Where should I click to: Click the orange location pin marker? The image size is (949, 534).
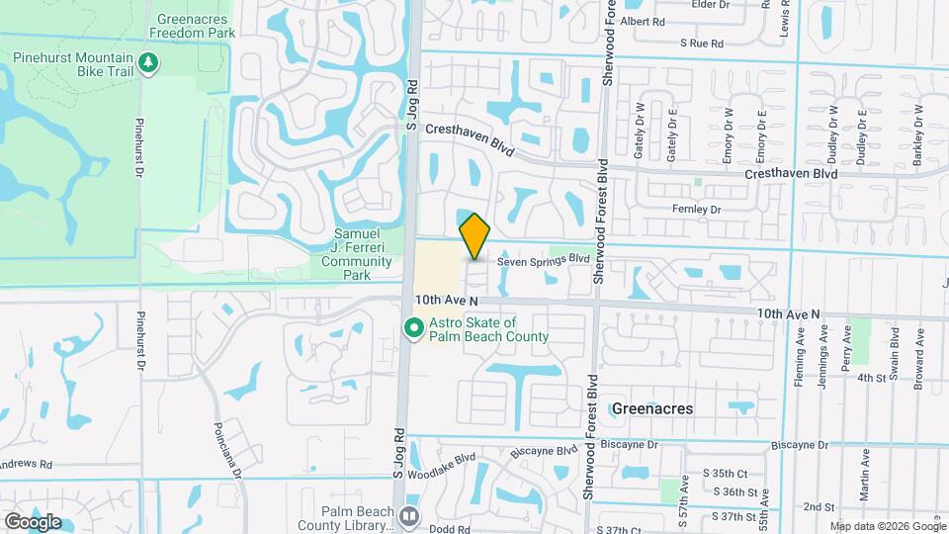(x=475, y=235)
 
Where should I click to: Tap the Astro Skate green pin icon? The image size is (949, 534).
(x=414, y=325)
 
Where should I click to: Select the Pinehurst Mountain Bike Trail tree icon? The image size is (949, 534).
(x=148, y=63)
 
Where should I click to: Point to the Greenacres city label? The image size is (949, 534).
(x=652, y=407)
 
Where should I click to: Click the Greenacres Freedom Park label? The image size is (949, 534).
(x=192, y=26)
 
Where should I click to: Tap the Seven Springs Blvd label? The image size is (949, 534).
(x=543, y=260)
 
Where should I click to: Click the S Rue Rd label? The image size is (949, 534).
(x=702, y=44)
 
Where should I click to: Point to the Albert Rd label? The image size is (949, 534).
(x=670, y=21)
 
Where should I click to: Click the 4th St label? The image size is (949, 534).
(x=870, y=377)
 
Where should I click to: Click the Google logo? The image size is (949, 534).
(x=33, y=521)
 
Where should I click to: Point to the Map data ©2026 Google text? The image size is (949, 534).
(x=889, y=526)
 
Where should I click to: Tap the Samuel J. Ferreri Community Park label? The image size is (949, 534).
(x=358, y=251)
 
